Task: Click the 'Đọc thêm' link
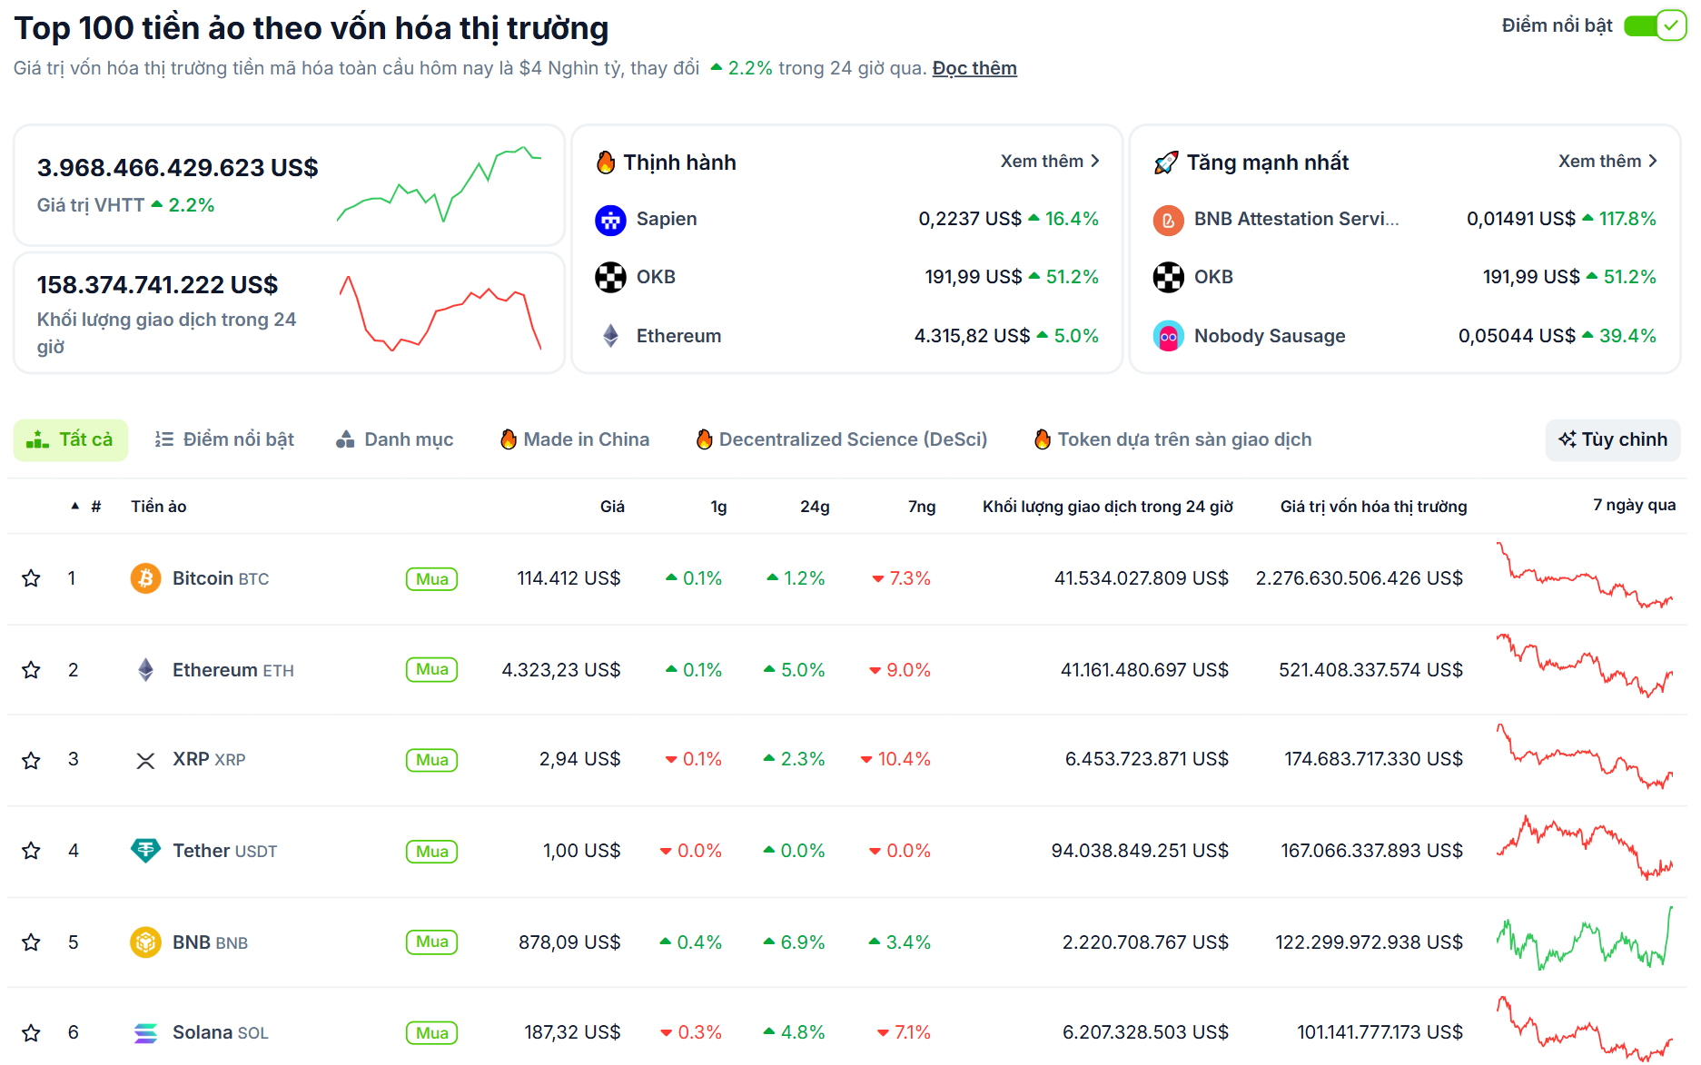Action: point(974,68)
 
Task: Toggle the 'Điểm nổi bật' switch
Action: point(1654,25)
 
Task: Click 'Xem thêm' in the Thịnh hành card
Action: point(1049,161)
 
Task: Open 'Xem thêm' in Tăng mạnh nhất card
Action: point(1607,161)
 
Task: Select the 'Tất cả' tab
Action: point(71,439)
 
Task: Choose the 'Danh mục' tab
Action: point(395,439)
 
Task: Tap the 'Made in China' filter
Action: point(575,439)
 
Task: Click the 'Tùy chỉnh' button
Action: point(1612,439)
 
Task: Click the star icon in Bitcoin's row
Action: point(31,578)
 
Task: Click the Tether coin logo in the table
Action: point(145,851)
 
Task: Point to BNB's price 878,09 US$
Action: point(569,942)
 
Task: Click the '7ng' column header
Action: point(921,507)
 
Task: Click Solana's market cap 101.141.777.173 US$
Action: point(1379,1032)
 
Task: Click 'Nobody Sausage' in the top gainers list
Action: point(1269,336)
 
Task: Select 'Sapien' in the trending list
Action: point(666,219)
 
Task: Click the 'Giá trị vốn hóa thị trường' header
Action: point(1373,507)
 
